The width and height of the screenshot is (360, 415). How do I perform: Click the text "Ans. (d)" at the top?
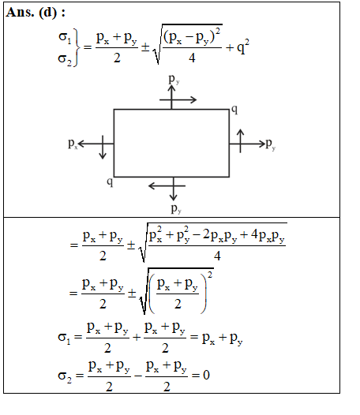32,13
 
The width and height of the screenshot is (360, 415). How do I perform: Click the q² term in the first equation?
243,47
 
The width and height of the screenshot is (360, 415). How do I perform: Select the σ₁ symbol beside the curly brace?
65,37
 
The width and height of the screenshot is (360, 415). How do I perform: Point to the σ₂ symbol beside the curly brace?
65,59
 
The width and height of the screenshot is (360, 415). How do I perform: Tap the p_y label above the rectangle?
174,80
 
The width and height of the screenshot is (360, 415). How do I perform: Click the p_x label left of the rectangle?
73,144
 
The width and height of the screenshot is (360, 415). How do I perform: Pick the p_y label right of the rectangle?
271,144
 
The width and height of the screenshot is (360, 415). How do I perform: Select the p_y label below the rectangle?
176,209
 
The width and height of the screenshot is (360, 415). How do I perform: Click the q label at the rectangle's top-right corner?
234,110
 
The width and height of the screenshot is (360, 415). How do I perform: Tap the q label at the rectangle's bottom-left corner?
110,181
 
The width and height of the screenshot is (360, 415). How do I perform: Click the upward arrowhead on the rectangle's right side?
240,132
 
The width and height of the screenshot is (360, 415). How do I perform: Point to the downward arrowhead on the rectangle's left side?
103,156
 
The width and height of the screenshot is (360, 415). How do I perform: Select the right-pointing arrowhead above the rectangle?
193,99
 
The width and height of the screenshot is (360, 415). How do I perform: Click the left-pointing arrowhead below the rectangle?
152,185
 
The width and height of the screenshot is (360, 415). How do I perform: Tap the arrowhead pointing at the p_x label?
81,144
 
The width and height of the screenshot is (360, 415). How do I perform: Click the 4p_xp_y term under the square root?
268,235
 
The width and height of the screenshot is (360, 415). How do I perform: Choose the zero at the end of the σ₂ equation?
206,375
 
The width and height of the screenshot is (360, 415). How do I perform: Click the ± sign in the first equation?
145,47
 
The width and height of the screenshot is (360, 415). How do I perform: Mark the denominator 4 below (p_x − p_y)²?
192,58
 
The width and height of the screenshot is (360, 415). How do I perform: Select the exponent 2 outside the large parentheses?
210,275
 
